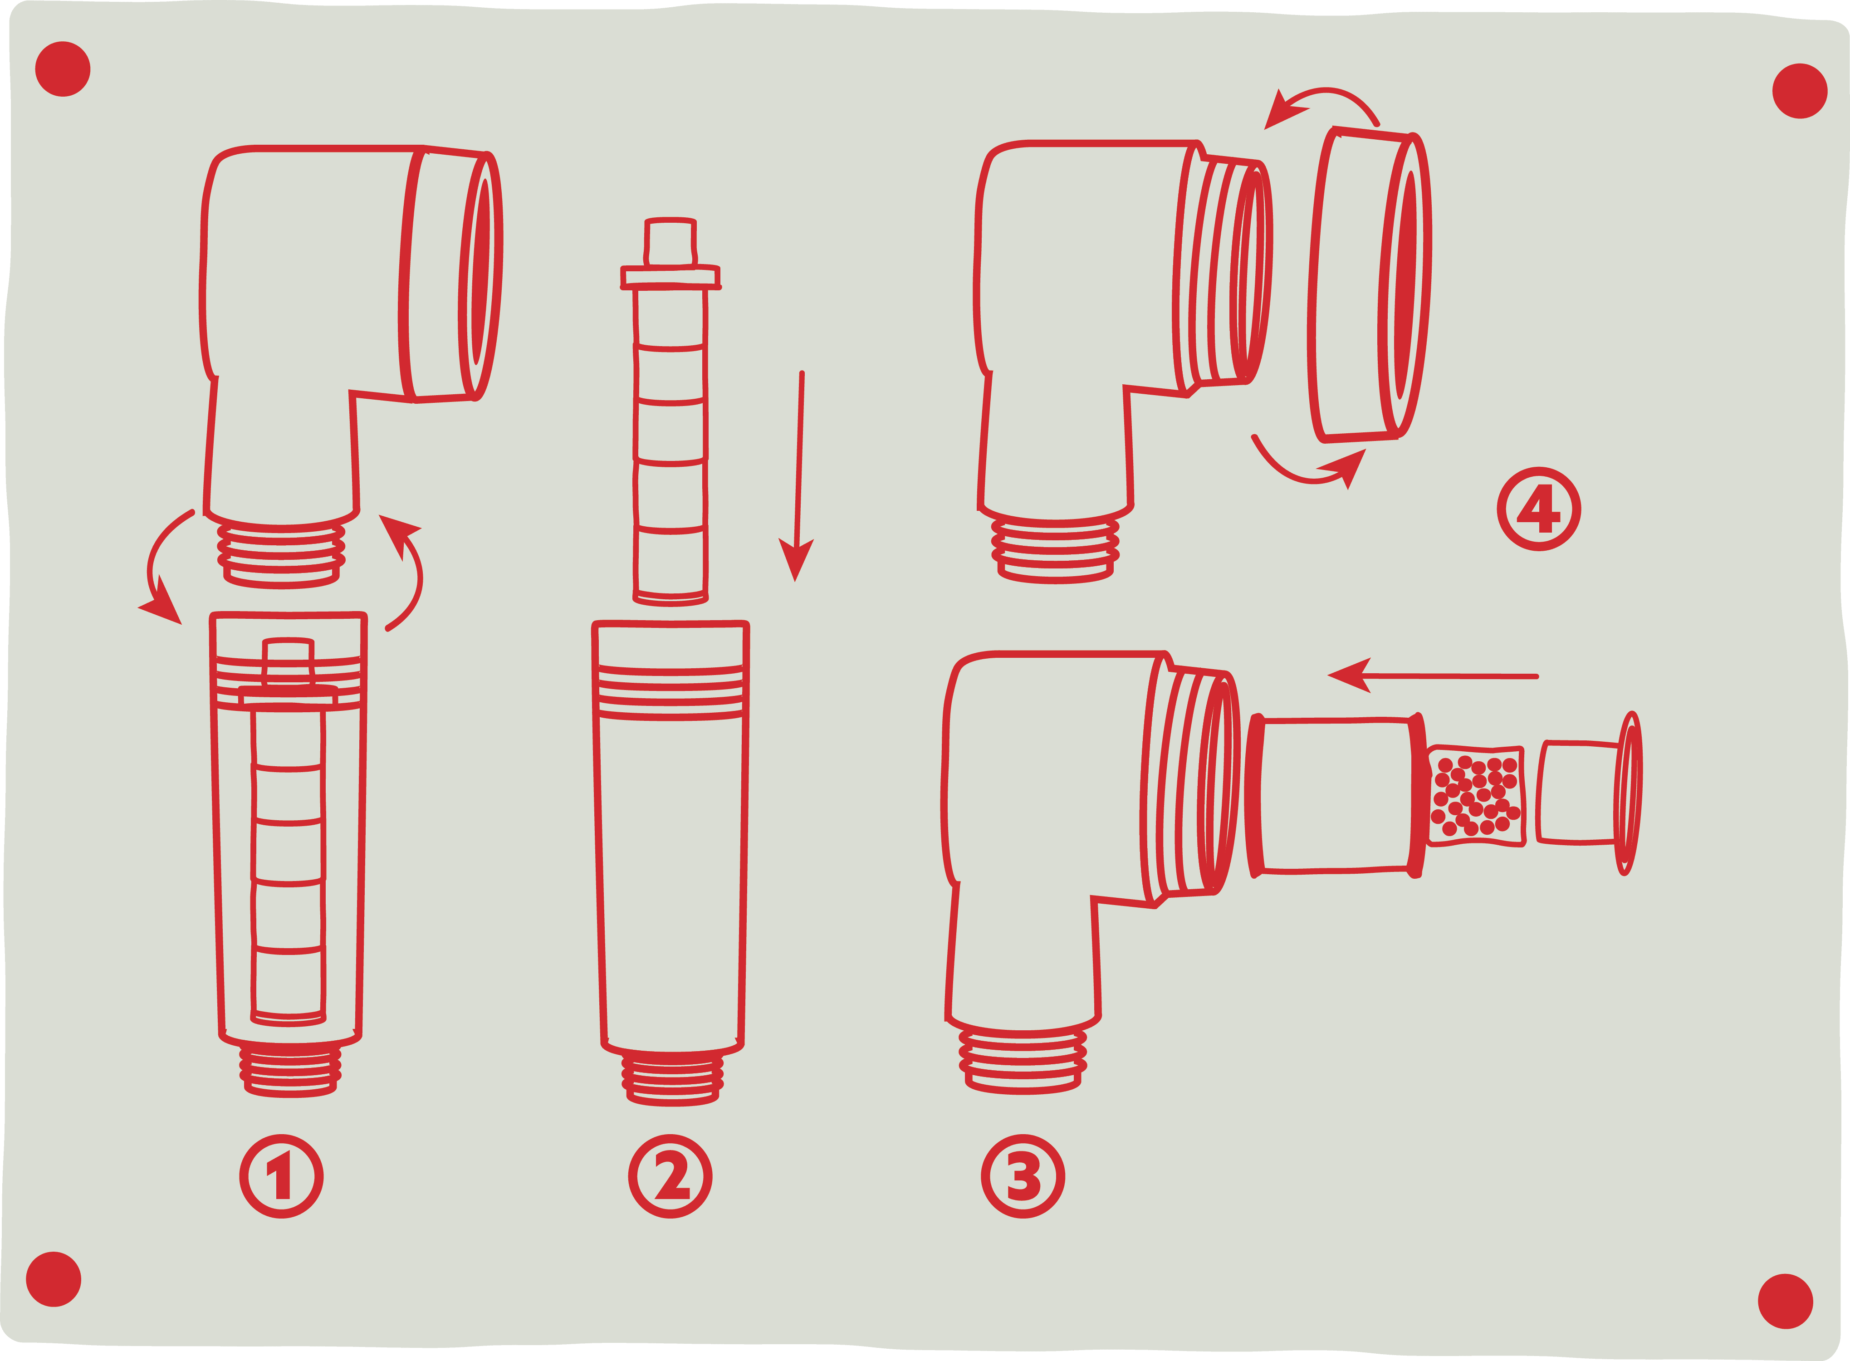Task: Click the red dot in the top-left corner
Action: [63, 69]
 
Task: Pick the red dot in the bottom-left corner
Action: [54, 1278]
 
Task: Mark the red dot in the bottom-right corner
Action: [1785, 1301]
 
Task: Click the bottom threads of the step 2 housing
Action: [672, 1079]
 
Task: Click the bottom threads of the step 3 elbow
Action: [1022, 1063]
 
